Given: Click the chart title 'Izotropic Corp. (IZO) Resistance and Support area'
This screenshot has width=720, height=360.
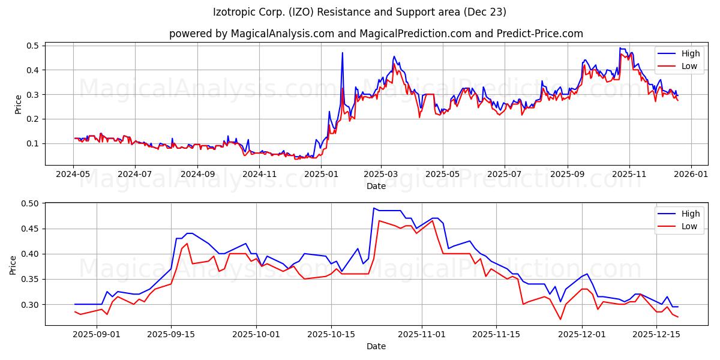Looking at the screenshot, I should point(359,12).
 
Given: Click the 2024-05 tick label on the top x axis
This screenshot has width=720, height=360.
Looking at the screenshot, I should point(73,174).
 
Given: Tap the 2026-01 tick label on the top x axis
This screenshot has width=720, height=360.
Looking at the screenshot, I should point(691,174).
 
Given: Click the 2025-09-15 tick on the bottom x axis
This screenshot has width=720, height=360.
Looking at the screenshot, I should point(171,334).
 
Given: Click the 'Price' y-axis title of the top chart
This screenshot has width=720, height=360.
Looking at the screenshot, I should point(18,104).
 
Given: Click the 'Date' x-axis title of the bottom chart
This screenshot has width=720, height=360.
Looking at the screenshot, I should point(376,346).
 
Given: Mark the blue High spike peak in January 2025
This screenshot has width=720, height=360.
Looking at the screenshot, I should point(343,53).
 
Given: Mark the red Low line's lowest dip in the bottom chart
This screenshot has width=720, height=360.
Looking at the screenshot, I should point(560,319).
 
